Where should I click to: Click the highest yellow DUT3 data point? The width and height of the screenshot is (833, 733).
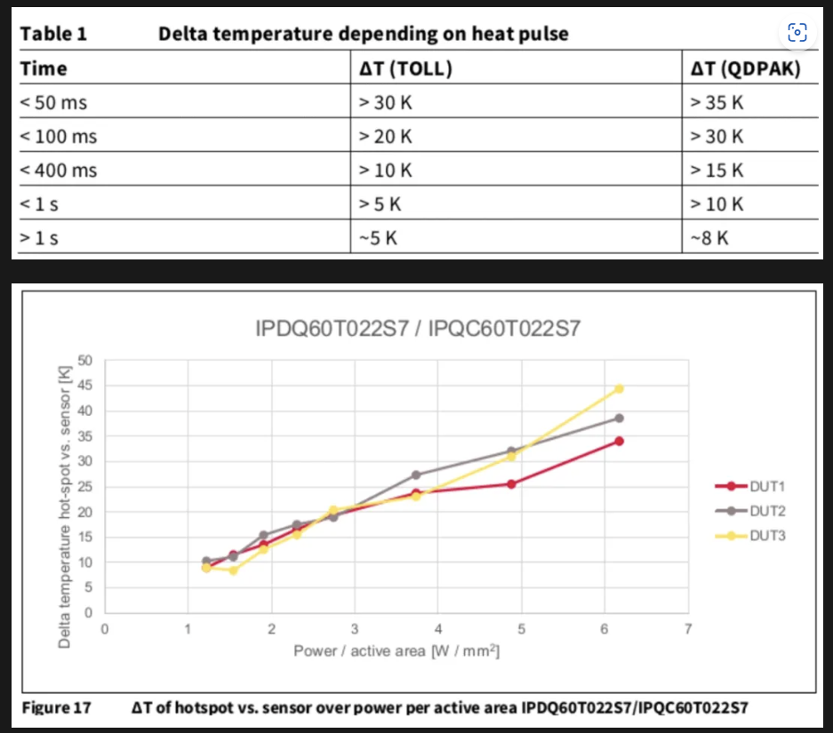[619, 388]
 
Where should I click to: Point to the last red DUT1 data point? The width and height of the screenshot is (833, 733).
[619, 441]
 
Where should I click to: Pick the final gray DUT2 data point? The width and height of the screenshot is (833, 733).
[619, 418]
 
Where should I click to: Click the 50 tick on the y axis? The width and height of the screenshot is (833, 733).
[86, 360]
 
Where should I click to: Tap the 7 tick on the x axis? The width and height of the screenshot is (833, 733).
[687, 630]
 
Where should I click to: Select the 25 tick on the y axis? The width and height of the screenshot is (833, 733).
[86, 487]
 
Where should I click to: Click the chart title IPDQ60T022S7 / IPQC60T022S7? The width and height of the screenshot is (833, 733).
[417, 330]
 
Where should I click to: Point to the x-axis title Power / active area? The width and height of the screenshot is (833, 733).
[396, 651]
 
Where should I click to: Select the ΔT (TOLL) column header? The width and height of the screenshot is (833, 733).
[405, 68]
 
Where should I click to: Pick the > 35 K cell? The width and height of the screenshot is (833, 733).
[717, 102]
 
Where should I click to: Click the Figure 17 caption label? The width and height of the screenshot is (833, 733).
[56, 708]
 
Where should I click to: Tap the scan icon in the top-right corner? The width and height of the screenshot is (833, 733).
[797, 33]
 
